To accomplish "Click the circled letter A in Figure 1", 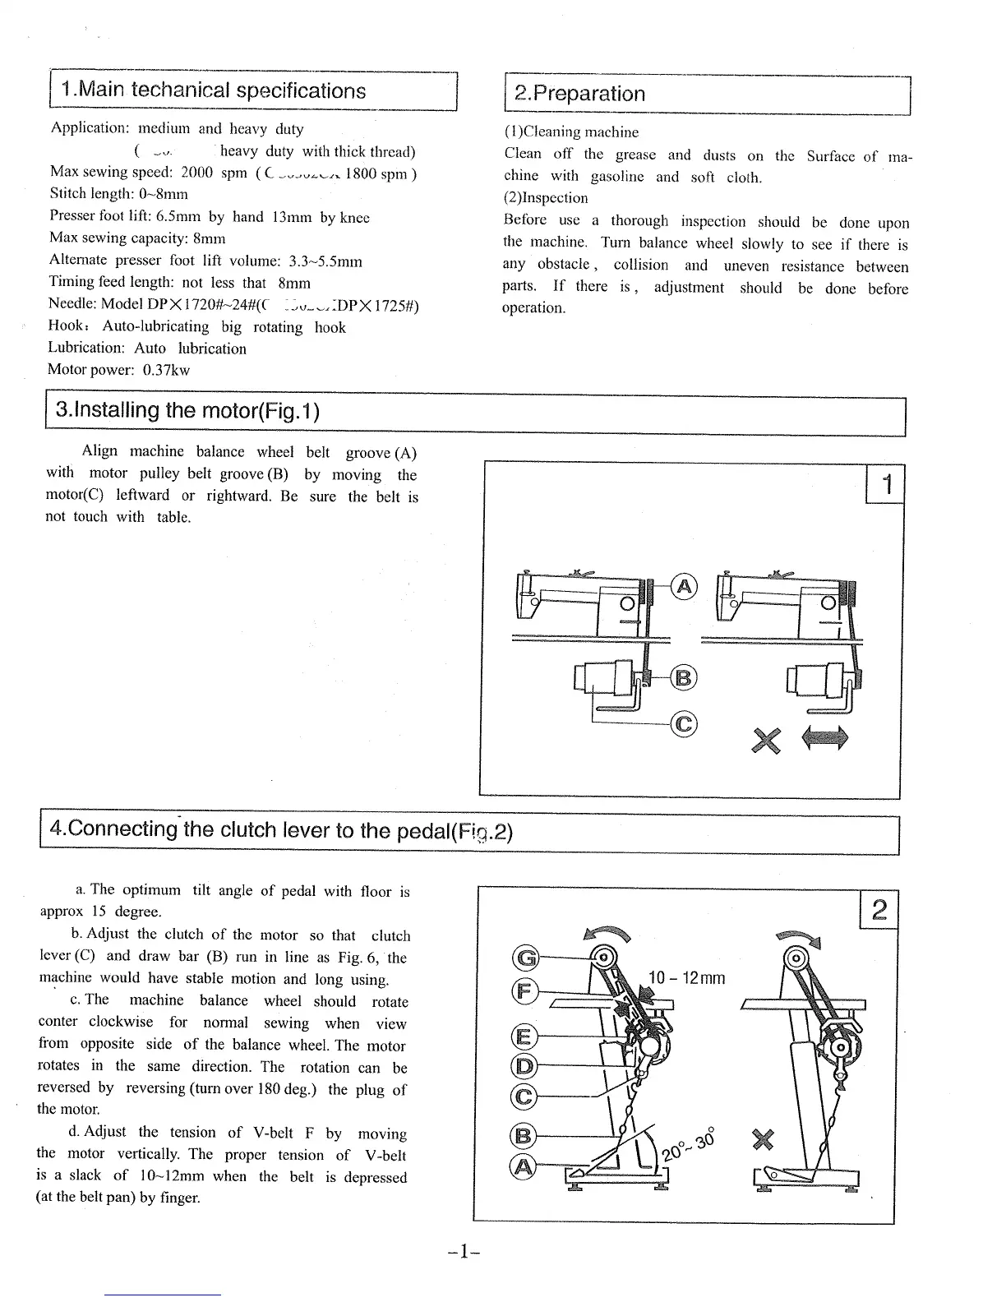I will tap(685, 586).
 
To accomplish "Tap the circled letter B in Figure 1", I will tap(684, 677).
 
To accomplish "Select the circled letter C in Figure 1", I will tap(685, 723).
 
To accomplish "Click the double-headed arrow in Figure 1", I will tap(824, 736).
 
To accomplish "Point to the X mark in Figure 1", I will tap(764, 741).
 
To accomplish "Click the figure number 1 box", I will tap(885, 485).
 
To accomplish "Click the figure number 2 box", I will tap(879, 911).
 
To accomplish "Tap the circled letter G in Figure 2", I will tap(524, 958).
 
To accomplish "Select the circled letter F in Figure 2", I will tap(524, 992).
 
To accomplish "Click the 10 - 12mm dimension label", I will tap(687, 978).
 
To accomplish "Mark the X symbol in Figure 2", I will tap(763, 1141).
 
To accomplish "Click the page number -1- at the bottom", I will tap(464, 1252).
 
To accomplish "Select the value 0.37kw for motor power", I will tap(166, 370).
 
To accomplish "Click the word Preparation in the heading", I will tap(588, 94).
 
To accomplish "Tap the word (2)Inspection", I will tap(546, 198).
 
